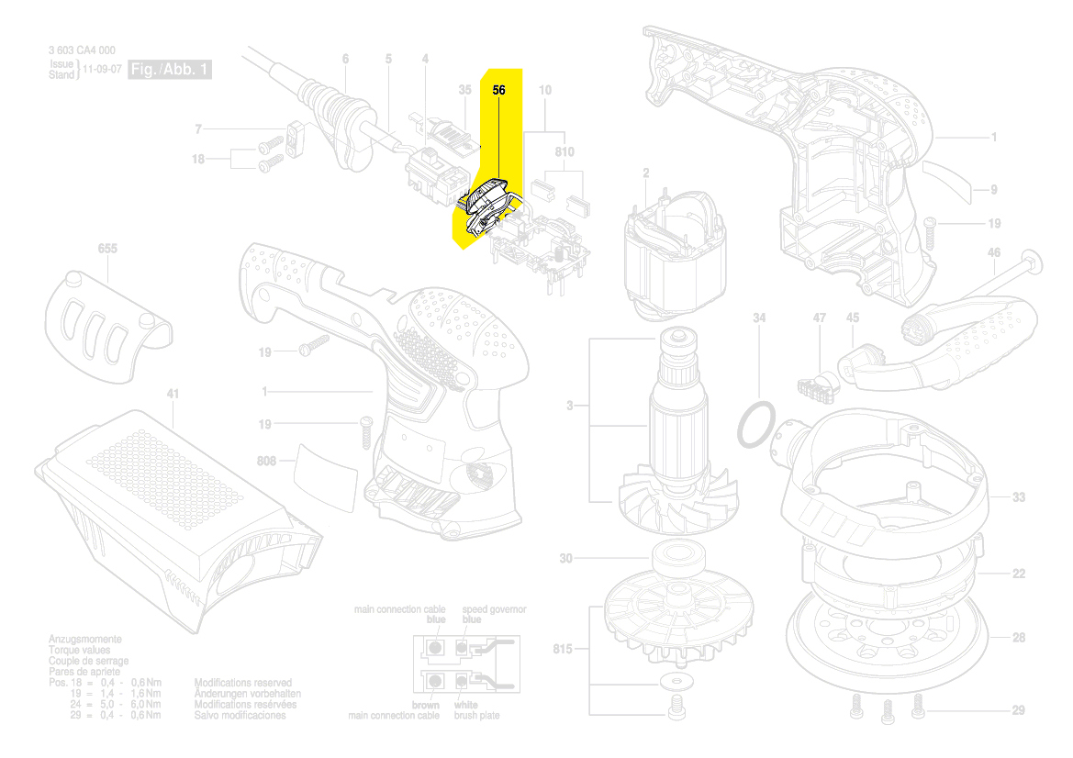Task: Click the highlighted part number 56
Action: click(x=499, y=90)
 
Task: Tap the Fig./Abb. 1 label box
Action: click(x=171, y=70)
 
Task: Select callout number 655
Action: click(x=107, y=249)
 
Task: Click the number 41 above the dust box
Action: click(x=173, y=395)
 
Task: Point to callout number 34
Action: click(x=759, y=318)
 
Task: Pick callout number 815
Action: click(x=563, y=650)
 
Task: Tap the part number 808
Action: click(x=266, y=460)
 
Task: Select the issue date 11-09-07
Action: click(x=101, y=70)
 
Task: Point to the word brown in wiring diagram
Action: click(x=425, y=705)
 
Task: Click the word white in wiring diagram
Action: click(x=465, y=705)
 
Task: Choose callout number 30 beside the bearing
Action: click(x=565, y=559)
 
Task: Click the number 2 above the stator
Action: click(x=646, y=173)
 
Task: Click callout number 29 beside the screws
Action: click(x=1018, y=710)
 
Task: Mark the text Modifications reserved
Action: click(x=243, y=683)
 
